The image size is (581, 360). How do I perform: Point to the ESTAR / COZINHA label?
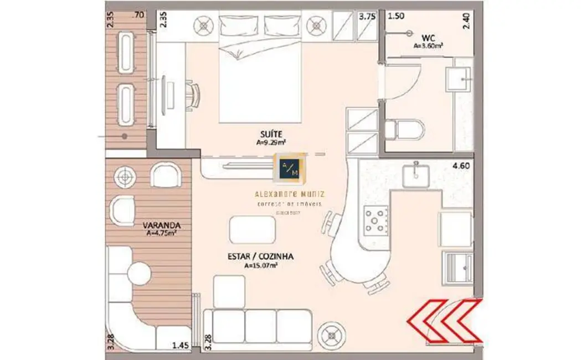[260, 257]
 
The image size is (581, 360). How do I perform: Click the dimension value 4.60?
[461, 165]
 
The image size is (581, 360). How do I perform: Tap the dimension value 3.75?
[367, 17]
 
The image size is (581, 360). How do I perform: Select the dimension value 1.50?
[396, 17]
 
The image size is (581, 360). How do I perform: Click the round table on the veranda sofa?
[138, 274]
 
